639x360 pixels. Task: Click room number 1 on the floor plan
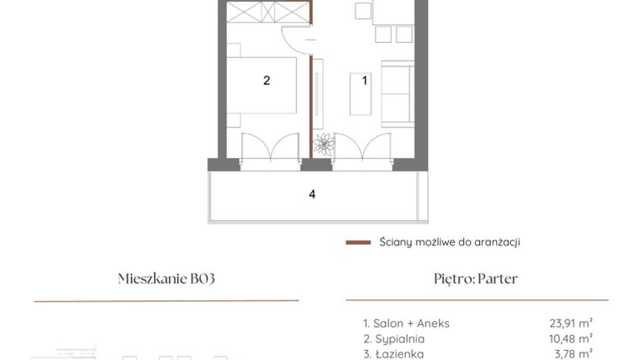[365, 82]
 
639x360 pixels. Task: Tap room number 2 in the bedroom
[267, 81]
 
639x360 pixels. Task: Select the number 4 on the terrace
[312, 194]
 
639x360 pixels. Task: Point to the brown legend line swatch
[358, 242]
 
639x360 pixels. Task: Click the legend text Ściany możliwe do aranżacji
[450, 242]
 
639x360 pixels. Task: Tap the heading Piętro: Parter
[477, 279]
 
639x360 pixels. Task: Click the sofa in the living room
[396, 92]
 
